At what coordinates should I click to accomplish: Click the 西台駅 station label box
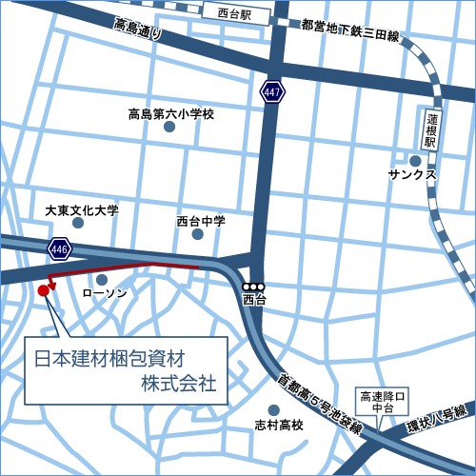[233, 15]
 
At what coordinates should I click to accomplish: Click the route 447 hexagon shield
[273, 92]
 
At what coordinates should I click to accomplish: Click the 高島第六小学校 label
[171, 115]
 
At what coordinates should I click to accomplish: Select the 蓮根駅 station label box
[430, 129]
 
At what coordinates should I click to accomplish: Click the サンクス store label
[411, 175]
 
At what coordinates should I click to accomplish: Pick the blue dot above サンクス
[415, 160]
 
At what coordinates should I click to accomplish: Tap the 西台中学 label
[201, 221]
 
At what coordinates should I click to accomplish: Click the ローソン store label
[105, 293]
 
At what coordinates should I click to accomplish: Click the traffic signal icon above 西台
[253, 287]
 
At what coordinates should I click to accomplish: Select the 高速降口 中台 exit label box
[384, 401]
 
